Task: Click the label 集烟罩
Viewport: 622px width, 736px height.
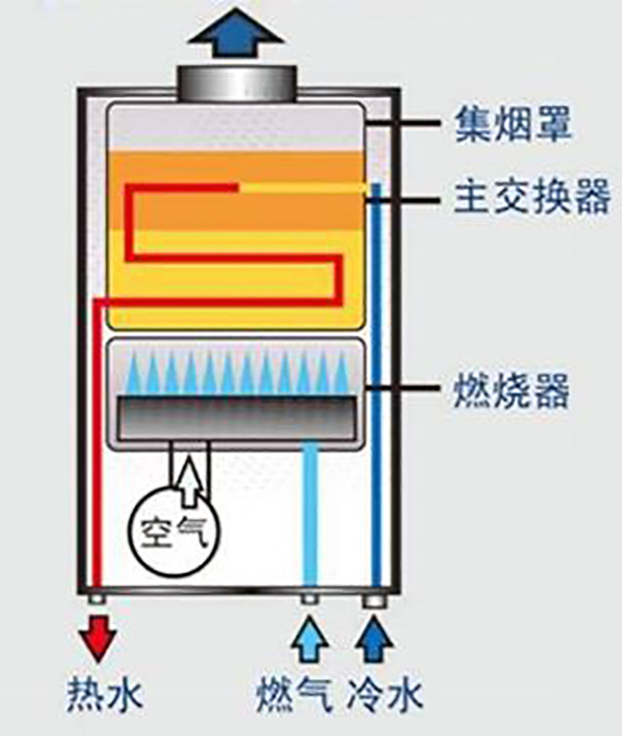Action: coord(513,124)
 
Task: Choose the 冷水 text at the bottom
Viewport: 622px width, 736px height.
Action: coord(386,695)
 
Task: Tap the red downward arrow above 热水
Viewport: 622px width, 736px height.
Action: coord(98,642)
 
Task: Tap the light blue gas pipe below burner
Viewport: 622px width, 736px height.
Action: coord(310,515)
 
